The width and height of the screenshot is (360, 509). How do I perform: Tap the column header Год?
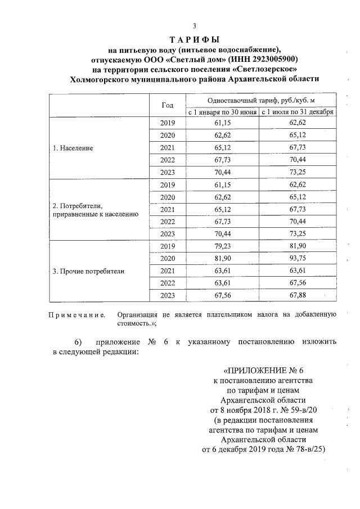click(168, 105)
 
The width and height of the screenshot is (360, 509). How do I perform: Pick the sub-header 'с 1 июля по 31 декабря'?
click(298, 112)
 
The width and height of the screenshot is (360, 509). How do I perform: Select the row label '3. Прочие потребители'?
click(88, 271)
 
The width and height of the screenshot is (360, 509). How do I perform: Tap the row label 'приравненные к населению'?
click(91, 214)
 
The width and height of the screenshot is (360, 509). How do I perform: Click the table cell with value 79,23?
click(223, 246)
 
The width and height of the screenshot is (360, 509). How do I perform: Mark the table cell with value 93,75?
click(298, 259)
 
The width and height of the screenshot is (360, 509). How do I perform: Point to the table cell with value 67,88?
click(298, 296)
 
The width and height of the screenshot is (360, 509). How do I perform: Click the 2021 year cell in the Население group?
click(168, 148)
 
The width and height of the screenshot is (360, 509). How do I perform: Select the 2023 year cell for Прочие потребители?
click(168, 296)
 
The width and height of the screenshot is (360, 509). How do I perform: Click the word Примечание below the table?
click(77, 316)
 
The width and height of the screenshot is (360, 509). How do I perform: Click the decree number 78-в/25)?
click(306, 449)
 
